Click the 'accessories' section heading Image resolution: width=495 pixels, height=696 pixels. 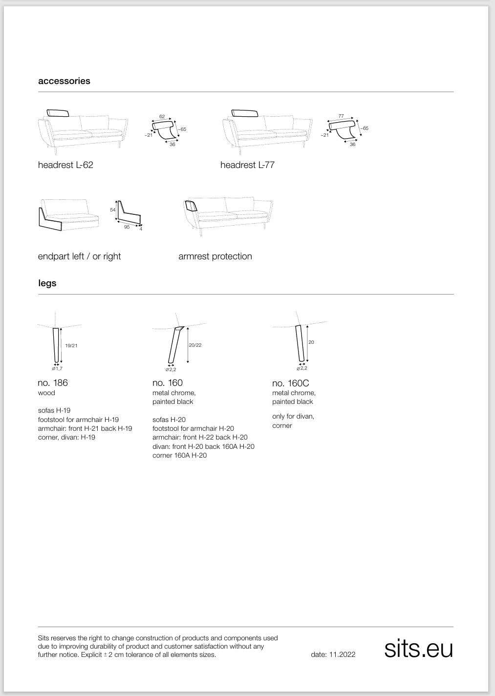64,81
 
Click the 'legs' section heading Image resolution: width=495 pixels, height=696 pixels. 47,283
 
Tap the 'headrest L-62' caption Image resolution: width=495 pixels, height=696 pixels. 65,165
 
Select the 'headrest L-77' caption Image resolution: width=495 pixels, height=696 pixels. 247,165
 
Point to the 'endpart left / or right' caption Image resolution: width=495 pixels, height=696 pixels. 79,256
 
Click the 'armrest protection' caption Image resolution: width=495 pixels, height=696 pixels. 215,256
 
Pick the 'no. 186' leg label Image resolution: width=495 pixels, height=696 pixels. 53,383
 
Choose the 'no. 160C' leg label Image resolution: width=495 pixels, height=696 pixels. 290,383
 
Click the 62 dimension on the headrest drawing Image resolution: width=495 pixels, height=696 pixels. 162,117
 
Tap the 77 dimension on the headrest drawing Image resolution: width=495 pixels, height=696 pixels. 341,116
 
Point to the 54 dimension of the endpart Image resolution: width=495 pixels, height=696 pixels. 113,210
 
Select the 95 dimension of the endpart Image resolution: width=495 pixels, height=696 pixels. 127,227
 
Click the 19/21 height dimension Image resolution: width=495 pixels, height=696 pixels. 71,346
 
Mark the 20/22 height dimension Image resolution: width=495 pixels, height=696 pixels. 195,345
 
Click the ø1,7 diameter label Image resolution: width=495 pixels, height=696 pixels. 57,368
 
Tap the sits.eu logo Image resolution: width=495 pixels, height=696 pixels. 418,649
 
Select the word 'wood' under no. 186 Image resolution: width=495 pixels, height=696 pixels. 46,393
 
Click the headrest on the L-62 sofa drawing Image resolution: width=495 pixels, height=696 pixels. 58,113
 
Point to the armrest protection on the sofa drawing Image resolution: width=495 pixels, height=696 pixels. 191,205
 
